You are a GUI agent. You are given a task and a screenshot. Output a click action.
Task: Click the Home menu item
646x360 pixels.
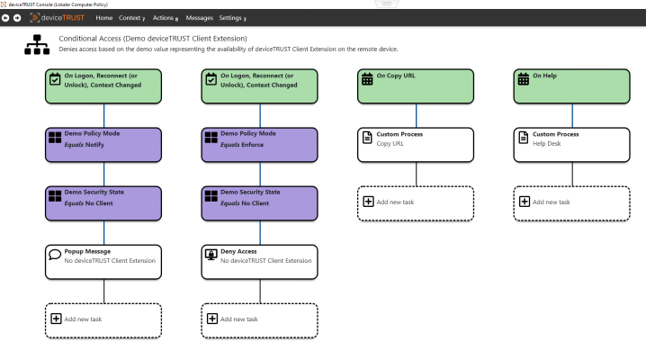(103, 18)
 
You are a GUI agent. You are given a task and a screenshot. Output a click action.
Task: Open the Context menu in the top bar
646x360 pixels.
(132, 18)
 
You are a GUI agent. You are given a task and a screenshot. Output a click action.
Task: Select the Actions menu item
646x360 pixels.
(166, 18)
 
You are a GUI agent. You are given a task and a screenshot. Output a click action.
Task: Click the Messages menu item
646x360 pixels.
(200, 18)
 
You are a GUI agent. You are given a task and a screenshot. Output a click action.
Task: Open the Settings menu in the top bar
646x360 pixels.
(232, 18)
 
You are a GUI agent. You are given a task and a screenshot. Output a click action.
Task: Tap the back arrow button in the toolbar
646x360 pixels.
(5, 18)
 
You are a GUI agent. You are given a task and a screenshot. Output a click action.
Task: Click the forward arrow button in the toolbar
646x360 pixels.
(17, 18)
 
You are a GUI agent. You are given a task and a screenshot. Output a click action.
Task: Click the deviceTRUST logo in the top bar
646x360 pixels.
(58, 18)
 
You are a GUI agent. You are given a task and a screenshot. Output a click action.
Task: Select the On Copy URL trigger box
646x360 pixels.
(416, 86)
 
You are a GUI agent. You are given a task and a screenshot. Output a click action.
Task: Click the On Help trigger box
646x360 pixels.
(572, 86)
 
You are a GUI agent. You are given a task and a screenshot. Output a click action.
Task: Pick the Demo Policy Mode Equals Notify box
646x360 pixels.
(103, 145)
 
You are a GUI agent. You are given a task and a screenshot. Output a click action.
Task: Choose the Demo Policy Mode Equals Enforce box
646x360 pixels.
(259, 145)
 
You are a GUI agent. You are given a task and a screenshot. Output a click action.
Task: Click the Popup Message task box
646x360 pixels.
(103, 262)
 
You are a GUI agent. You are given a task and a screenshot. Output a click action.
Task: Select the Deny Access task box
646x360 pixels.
(259, 262)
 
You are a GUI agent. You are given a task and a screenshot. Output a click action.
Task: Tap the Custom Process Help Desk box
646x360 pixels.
(572, 145)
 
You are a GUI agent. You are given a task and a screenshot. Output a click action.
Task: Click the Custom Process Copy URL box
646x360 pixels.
(416, 145)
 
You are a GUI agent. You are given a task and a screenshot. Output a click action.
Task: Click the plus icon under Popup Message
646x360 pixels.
(56, 319)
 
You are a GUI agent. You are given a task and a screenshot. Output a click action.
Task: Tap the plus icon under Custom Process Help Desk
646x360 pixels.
(525, 202)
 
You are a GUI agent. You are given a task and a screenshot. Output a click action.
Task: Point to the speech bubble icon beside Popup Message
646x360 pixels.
(55, 255)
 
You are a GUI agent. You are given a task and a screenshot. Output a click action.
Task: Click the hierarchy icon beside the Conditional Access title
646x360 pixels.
(37, 44)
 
